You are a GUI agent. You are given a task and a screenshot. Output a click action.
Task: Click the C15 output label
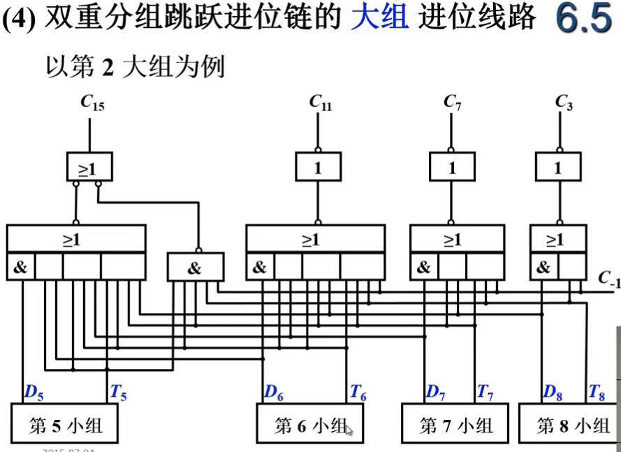(x=92, y=104)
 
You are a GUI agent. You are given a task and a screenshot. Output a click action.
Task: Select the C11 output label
(x=320, y=103)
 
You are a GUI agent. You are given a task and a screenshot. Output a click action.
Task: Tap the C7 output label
(x=452, y=103)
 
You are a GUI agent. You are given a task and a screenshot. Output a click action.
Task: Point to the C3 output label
(x=564, y=103)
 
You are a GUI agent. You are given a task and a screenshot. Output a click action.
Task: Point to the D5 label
(x=34, y=393)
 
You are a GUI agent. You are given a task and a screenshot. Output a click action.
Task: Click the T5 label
(x=118, y=393)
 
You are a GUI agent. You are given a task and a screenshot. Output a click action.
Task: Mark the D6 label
(x=273, y=393)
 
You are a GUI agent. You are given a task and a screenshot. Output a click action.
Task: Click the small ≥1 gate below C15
(x=89, y=167)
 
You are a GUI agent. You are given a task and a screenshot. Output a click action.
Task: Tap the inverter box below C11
(x=319, y=167)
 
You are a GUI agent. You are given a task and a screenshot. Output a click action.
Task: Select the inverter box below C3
(x=557, y=167)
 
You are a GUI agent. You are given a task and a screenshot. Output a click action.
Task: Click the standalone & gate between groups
(x=196, y=268)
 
